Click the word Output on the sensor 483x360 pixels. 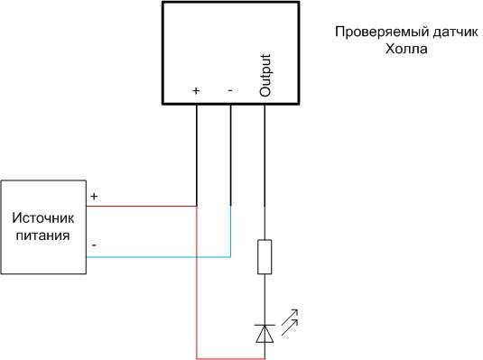point(265,76)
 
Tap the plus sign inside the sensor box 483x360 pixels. point(197,91)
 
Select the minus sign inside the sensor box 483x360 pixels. point(230,90)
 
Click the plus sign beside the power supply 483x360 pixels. point(95,195)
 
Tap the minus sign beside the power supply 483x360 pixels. point(95,245)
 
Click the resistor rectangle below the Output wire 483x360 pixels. point(265,256)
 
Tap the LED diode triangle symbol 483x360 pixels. point(265,333)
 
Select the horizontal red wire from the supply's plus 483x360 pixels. point(144,206)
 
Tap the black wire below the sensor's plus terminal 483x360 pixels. point(197,153)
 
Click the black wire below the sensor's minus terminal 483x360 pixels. point(231,153)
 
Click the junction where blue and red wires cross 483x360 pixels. point(197,257)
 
